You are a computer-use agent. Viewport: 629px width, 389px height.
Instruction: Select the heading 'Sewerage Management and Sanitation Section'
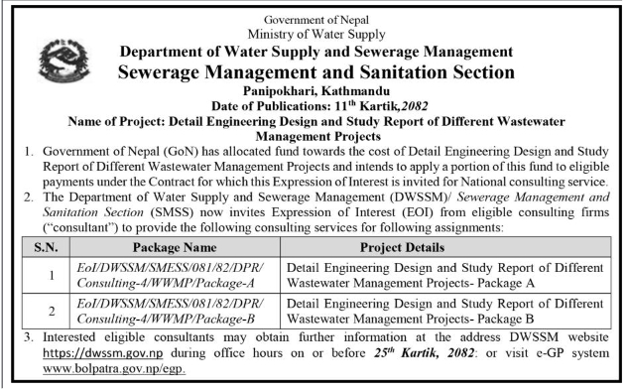[x=314, y=70]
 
